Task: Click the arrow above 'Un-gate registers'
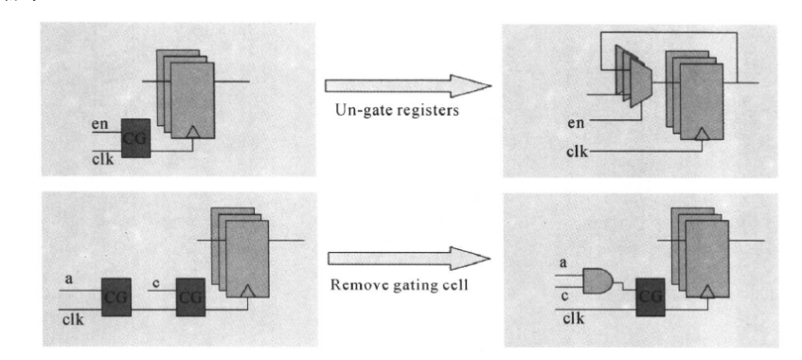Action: (408, 85)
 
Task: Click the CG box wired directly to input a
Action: (116, 297)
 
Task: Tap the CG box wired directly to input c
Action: (190, 297)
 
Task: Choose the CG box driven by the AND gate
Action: (651, 297)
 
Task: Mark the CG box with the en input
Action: (135, 138)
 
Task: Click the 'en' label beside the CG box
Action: (99, 124)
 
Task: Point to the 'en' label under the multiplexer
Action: (575, 123)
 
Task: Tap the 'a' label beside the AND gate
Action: (563, 263)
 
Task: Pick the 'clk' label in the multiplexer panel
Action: (578, 152)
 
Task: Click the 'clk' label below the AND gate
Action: (574, 318)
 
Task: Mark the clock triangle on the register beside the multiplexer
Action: (702, 134)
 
